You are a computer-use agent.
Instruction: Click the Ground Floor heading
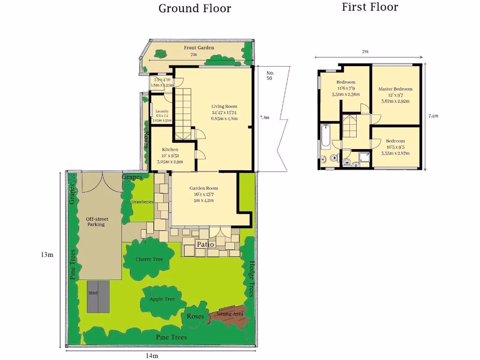(x=195, y=8)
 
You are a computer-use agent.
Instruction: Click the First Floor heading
(x=370, y=7)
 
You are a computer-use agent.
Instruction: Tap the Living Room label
(x=224, y=106)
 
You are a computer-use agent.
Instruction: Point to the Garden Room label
(x=203, y=188)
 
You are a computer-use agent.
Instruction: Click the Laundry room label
(x=161, y=112)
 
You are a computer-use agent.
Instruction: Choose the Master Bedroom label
(x=395, y=89)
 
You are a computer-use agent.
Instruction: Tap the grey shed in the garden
(x=98, y=296)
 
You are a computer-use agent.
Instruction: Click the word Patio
(x=205, y=245)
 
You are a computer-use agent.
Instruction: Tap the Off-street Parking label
(x=96, y=221)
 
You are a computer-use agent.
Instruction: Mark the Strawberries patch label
(x=142, y=202)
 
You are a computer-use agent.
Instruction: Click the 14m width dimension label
(x=151, y=356)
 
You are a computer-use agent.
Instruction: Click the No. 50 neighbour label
(x=270, y=75)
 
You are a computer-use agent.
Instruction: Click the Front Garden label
(x=199, y=48)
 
